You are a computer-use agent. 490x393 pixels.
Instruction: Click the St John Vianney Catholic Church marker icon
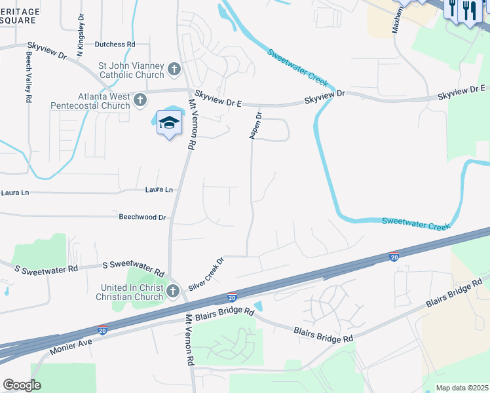(174, 69)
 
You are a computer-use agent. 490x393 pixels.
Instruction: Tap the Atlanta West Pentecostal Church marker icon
(140, 100)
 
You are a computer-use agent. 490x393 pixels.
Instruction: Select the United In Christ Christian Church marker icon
(172, 291)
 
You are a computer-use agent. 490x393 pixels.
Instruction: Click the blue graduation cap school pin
(169, 122)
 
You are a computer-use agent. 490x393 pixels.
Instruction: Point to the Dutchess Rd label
(115, 45)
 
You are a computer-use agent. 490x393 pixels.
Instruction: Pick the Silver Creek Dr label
(206, 274)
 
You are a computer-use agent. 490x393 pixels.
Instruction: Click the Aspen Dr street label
(255, 125)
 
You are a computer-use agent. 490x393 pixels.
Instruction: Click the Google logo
(22, 384)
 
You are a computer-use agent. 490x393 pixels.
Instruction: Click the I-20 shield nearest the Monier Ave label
(102, 331)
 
